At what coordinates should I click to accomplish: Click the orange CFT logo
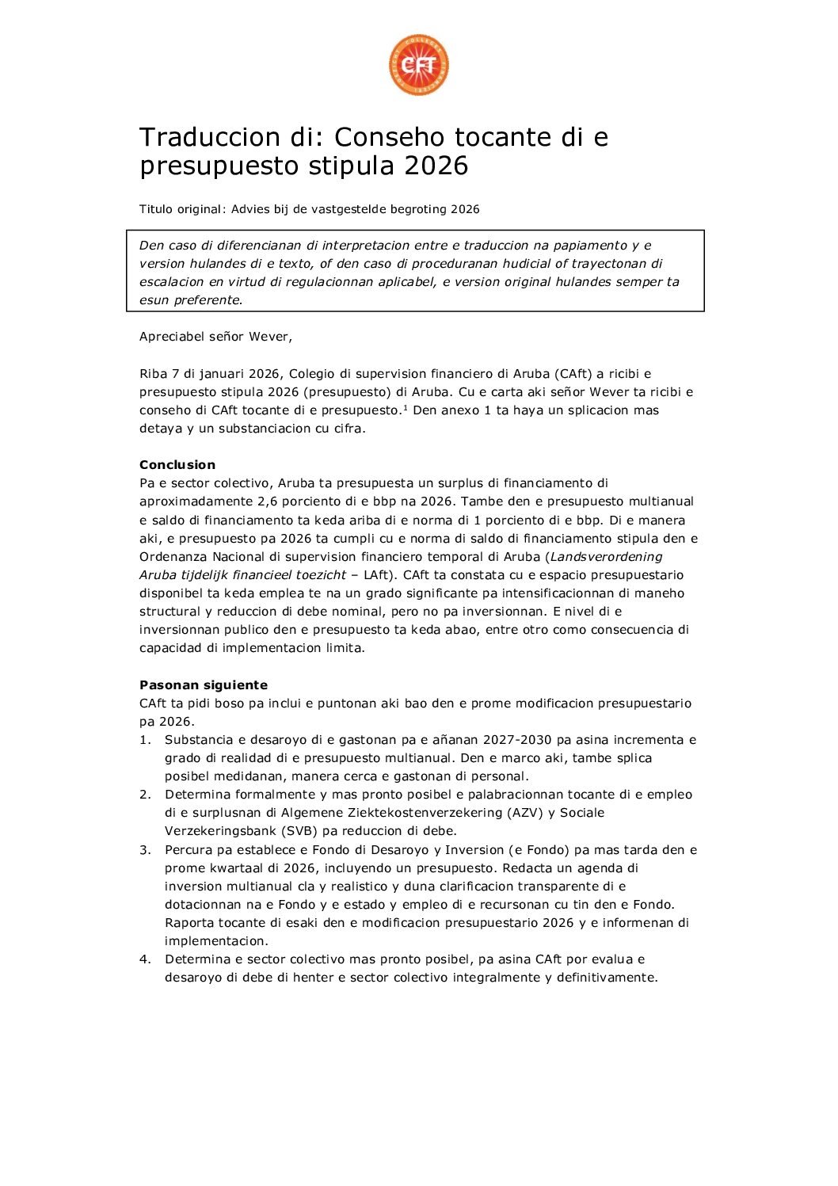[419, 66]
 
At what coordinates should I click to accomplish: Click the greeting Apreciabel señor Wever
[215, 337]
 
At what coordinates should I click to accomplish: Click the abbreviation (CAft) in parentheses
[574, 374]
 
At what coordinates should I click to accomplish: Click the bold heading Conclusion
[177, 465]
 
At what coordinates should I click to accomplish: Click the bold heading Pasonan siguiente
[204, 685]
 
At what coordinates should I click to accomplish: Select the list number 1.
[145, 740]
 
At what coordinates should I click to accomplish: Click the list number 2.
[145, 795]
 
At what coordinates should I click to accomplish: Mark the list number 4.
[145, 959]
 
